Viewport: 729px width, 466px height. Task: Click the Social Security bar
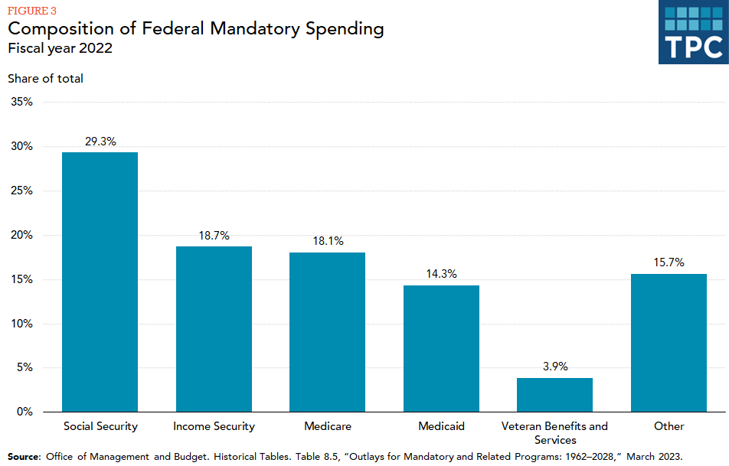coord(100,282)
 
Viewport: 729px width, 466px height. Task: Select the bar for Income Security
coord(214,328)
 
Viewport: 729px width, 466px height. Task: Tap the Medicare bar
coord(327,331)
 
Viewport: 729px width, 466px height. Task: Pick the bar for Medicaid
coord(441,348)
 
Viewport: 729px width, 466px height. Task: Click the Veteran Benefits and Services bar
coord(554,394)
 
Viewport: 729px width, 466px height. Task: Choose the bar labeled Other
coord(669,342)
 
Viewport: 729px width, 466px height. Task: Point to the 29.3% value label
coord(100,142)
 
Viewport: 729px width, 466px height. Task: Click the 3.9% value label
coord(554,367)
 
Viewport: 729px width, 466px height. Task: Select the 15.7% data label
coord(669,262)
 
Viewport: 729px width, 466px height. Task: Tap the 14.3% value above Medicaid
coord(441,274)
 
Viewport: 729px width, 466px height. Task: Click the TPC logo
coord(693,32)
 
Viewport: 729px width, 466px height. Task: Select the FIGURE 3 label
coord(31,10)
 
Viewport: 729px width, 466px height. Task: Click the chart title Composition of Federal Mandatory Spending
coord(196,29)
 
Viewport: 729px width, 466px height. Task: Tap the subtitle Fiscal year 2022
coord(59,48)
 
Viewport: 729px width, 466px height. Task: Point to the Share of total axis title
coord(45,78)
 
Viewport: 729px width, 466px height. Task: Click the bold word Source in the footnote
coord(24,456)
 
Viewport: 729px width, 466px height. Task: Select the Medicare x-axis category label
coord(327,426)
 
